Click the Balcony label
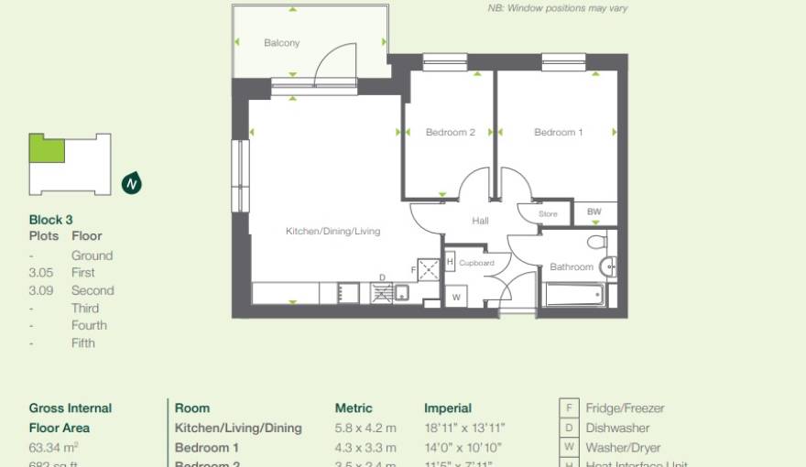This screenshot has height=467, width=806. point(281,43)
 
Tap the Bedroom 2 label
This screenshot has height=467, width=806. point(450,133)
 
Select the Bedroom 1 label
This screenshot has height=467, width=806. point(558,133)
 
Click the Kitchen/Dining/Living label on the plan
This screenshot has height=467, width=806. point(332,232)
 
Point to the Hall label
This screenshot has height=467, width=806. point(480,221)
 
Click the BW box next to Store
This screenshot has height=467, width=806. point(594,212)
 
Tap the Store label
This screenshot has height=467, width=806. point(547,214)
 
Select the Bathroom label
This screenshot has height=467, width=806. point(571,267)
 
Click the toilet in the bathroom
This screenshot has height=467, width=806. point(597,242)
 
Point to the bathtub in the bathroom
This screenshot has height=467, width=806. point(573,296)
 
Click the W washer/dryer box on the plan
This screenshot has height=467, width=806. point(456,298)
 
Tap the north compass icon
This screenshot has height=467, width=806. point(132,183)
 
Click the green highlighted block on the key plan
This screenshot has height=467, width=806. point(47,148)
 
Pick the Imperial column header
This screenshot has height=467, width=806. point(448,408)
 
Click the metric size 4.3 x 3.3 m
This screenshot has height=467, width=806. point(365,448)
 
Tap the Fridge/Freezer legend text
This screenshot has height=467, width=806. point(626,408)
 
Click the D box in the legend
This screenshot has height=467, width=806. point(570,428)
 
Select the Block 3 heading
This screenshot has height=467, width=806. point(51,220)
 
